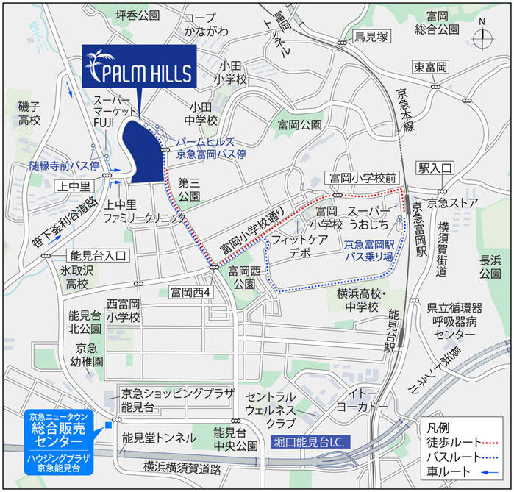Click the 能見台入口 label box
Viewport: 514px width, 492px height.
99,255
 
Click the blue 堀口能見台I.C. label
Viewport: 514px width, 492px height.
312,442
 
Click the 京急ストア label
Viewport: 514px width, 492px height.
453,202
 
